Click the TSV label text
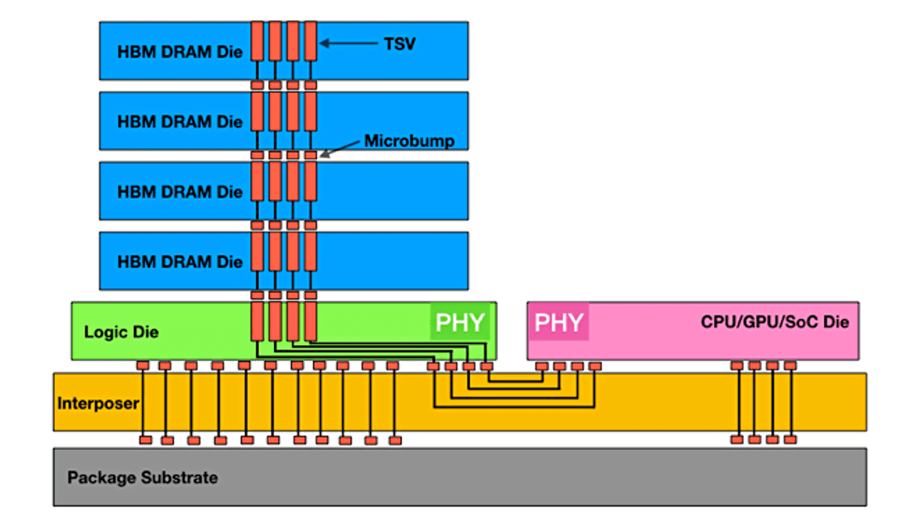[x=400, y=44]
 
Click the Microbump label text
[x=409, y=141]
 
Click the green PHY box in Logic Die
[x=460, y=322]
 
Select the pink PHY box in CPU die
[x=559, y=322]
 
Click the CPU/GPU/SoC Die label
[x=774, y=322]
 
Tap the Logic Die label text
[x=121, y=332]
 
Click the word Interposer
[x=98, y=403]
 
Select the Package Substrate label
[x=142, y=477]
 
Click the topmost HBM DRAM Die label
[x=180, y=52]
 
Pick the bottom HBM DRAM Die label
[x=180, y=262]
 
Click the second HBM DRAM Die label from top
[x=180, y=122]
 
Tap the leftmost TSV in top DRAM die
[x=257, y=41]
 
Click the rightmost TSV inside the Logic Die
[x=311, y=322]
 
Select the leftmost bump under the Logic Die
[x=143, y=366]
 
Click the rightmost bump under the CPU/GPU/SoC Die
[x=790, y=366]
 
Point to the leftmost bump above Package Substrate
[x=146, y=440]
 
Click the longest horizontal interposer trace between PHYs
[x=514, y=407]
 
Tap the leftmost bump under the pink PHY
[x=541, y=366]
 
